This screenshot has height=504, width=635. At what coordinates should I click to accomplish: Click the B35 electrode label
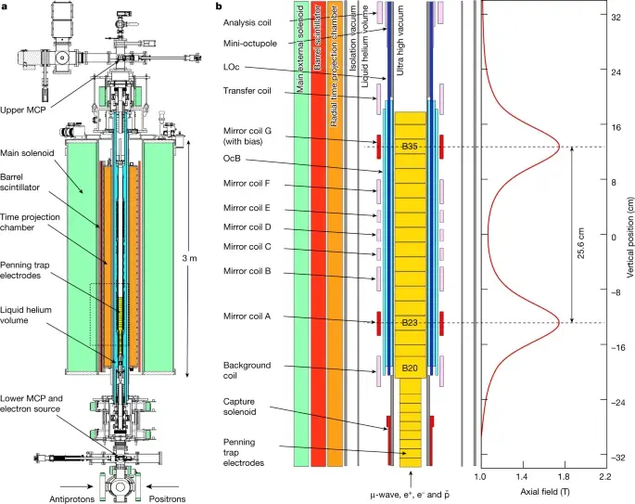click(410, 147)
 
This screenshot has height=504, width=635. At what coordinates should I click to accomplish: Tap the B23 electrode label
click(410, 322)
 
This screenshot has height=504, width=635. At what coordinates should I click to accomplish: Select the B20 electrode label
click(410, 368)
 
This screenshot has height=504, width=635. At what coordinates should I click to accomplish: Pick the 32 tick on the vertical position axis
click(616, 16)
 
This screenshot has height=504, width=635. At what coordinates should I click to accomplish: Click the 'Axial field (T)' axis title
click(542, 492)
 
